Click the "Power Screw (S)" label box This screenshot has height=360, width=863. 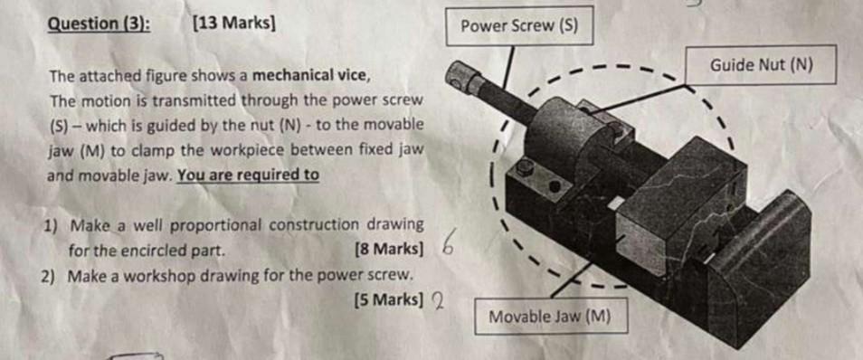(518, 26)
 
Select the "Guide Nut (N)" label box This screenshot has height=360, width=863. (762, 65)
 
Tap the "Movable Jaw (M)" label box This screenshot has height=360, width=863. (550, 317)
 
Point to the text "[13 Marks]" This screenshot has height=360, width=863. (233, 23)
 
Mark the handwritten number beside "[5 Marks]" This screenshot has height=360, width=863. (437, 300)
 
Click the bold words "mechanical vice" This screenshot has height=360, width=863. (310, 75)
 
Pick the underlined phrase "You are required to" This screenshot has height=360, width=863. (248, 174)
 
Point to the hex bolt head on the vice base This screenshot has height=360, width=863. (524, 168)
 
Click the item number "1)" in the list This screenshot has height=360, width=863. (52, 224)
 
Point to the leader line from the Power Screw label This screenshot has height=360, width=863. (509, 69)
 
